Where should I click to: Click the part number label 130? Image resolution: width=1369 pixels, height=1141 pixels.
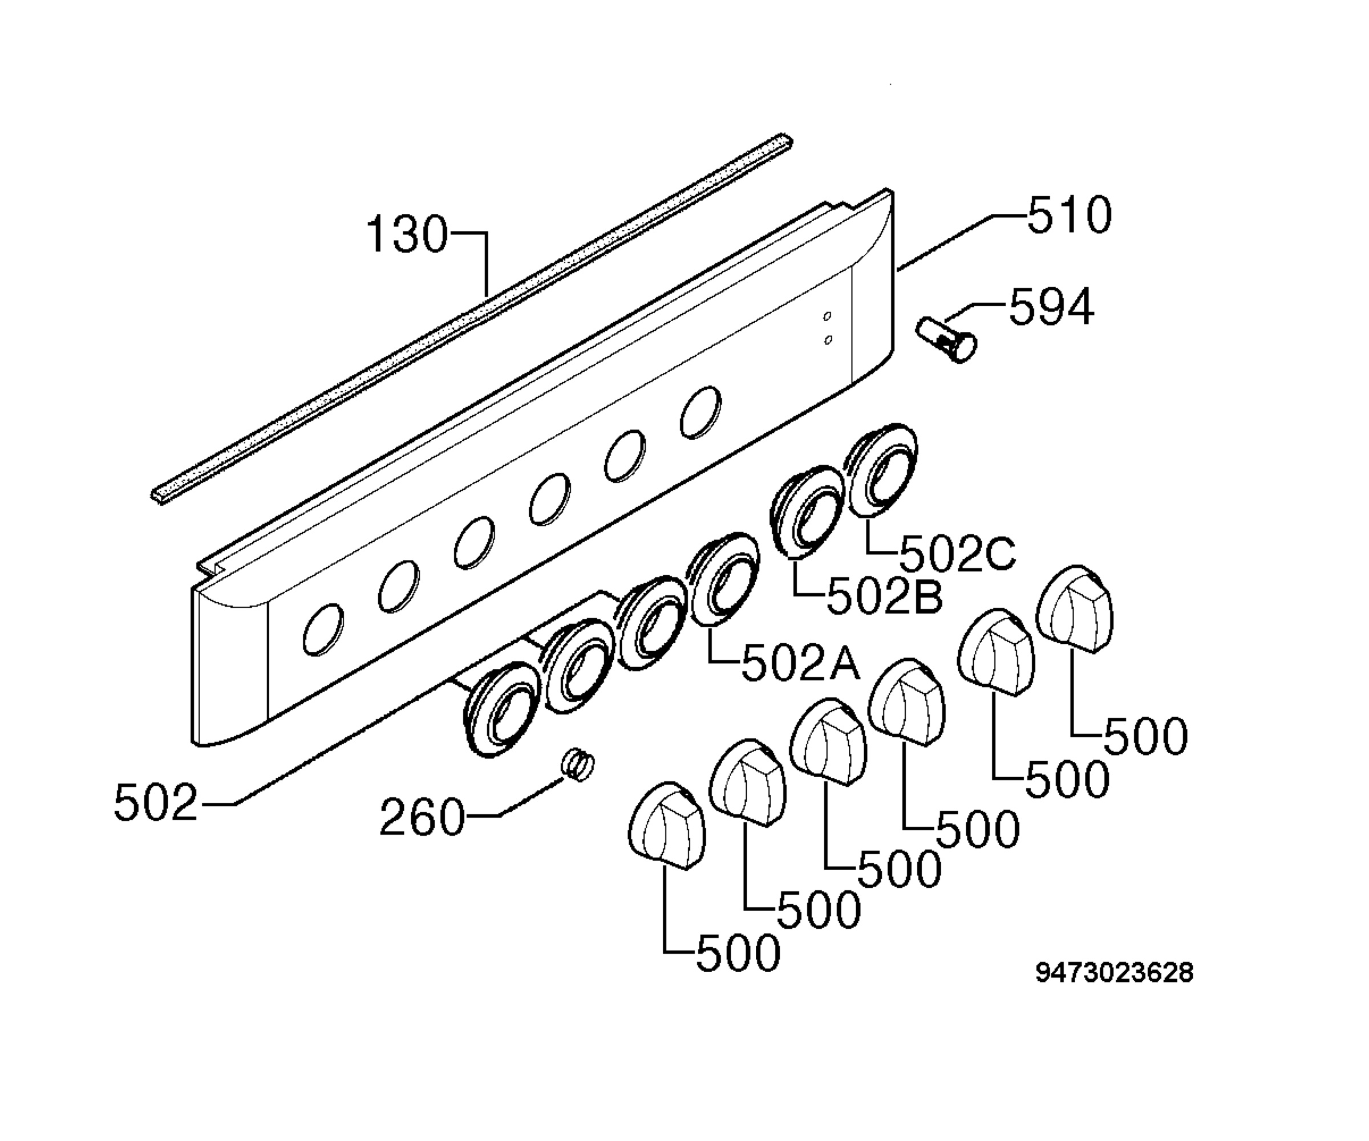click(408, 234)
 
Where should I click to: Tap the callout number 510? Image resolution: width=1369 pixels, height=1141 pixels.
click(1069, 215)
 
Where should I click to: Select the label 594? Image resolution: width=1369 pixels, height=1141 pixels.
click(1051, 307)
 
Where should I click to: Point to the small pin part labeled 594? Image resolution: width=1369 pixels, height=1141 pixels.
click(946, 338)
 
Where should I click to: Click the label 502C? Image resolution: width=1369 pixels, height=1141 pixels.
click(957, 553)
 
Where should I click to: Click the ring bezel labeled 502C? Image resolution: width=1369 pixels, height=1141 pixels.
click(882, 471)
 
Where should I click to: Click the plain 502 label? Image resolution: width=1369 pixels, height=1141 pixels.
click(156, 802)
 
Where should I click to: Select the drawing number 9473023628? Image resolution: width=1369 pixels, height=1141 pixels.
click(1115, 972)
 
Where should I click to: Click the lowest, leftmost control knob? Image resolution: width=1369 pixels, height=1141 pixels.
click(667, 825)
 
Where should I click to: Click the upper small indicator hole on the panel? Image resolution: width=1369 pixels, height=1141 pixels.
click(827, 316)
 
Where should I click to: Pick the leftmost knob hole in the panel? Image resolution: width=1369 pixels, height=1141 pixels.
click(323, 629)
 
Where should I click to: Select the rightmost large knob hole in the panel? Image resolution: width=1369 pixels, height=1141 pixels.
click(701, 412)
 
